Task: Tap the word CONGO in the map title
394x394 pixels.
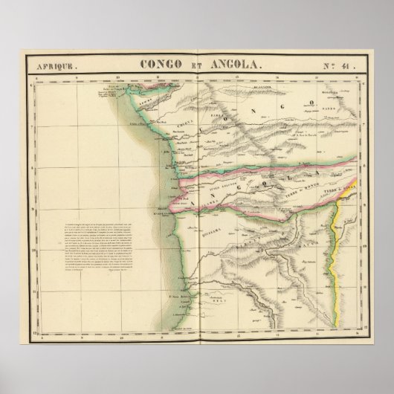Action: [x=161, y=64]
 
